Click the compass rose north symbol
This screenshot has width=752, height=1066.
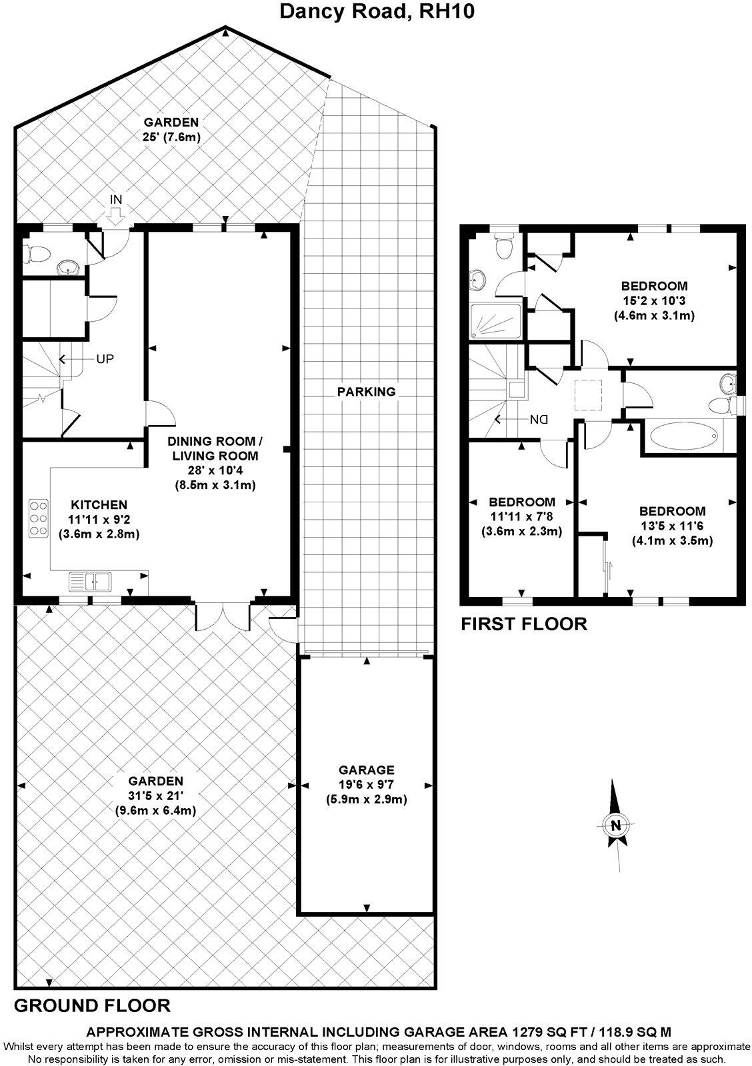pyautogui.click(x=615, y=825)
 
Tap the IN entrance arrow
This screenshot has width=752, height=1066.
pyautogui.click(x=115, y=213)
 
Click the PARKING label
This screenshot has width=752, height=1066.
pyautogui.click(x=366, y=392)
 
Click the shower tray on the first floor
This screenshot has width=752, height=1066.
pyautogui.click(x=495, y=322)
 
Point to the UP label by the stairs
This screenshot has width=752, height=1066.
pyautogui.click(x=105, y=359)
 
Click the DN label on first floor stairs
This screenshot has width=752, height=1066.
pyautogui.click(x=538, y=420)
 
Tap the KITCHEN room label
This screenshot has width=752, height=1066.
pyautogui.click(x=99, y=505)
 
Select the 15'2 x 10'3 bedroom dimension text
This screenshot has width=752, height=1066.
pyautogui.click(x=654, y=300)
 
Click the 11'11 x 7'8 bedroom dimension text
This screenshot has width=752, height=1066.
pyautogui.click(x=521, y=516)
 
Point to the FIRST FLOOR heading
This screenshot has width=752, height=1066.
pyautogui.click(x=524, y=624)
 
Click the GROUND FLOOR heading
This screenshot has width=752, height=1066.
pyautogui.click(x=92, y=1005)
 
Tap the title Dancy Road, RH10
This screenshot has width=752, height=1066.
pyautogui.click(x=376, y=11)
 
